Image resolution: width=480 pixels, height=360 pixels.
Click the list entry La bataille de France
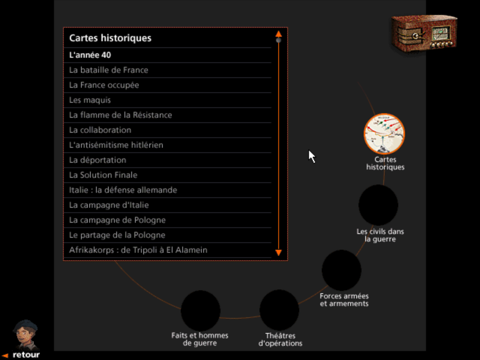pos(108,70)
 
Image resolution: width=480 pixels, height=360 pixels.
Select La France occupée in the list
pos(104,85)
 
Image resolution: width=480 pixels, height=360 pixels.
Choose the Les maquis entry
pos(90,100)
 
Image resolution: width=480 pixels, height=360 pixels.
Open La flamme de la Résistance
pos(120,115)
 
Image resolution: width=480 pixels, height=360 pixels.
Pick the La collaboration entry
pos(100,130)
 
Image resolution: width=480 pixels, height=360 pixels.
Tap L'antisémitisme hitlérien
pos(116,145)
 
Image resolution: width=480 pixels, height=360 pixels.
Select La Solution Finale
pos(103,175)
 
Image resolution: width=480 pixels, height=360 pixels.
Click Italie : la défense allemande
pos(123,190)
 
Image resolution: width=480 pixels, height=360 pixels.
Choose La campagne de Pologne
pos(117,220)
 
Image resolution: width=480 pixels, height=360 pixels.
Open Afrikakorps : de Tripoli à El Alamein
pos(138,250)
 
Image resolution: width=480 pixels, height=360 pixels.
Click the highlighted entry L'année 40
pos(90,55)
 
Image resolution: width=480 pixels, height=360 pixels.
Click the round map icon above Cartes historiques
pos(384,133)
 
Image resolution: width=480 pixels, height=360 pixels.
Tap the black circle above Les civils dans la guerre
pos(378,205)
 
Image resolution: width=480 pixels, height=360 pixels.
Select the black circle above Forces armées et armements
pos(341,270)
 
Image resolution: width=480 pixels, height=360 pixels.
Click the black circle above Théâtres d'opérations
pos(279,310)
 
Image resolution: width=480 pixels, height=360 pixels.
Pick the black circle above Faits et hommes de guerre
pos(200,310)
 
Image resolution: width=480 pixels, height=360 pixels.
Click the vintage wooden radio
pos(424,32)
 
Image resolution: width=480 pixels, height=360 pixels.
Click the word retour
pos(26,355)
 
